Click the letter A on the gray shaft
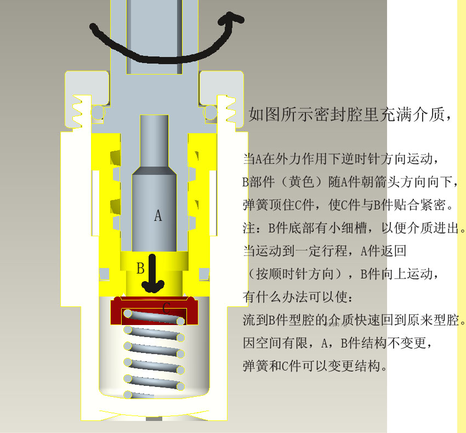(x=158, y=215)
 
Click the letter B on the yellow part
(x=140, y=268)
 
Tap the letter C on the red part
(x=167, y=308)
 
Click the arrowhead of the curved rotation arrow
(x=231, y=19)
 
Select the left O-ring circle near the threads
(x=98, y=112)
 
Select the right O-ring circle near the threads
(x=210, y=112)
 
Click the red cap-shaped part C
(x=154, y=310)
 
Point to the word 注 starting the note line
(x=249, y=228)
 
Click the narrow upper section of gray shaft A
(x=154, y=141)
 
